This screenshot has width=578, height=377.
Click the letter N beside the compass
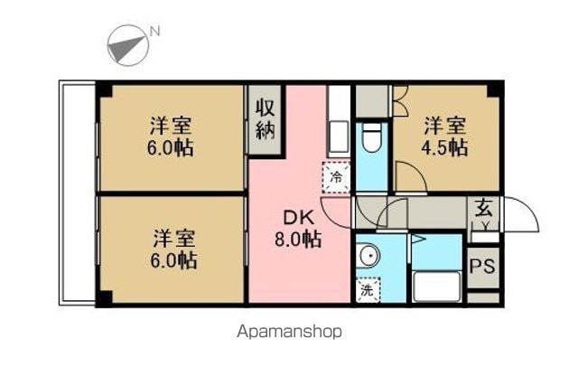(x=154, y=32)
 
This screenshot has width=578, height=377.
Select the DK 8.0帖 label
(x=298, y=229)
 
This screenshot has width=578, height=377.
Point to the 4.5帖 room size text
(x=444, y=147)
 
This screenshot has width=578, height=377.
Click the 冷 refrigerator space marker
(x=336, y=177)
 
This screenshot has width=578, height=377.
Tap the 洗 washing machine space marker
(x=368, y=290)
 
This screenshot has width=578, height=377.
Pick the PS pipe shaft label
(x=483, y=266)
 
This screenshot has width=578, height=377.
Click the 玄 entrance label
(x=483, y=208)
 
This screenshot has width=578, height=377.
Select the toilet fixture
(x=371, y=137)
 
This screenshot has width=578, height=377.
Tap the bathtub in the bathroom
(x=437, y=287)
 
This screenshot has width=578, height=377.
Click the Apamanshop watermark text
(x=289, y=332)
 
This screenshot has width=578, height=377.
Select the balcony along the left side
(x=77, y=193)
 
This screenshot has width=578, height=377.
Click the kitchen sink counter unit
(x=339, y=123)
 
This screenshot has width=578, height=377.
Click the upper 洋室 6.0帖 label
(x=171, y=137)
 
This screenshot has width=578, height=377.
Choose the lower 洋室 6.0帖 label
(x=173, y=249)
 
